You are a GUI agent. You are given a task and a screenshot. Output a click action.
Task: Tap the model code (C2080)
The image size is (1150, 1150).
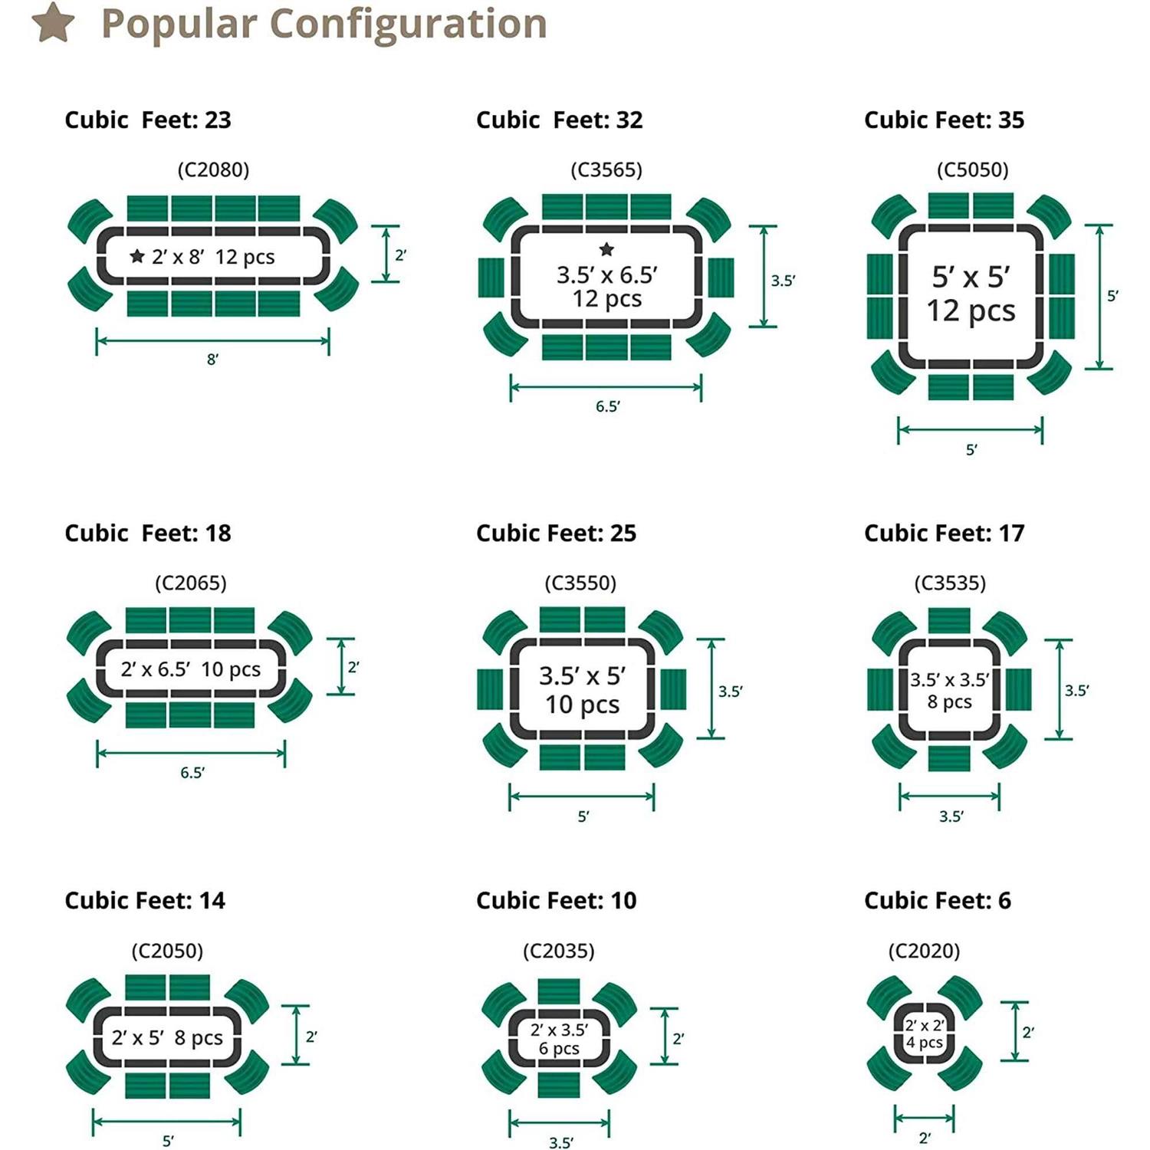click(213, 169)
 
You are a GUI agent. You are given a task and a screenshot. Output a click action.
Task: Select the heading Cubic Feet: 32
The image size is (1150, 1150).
click(559, 120)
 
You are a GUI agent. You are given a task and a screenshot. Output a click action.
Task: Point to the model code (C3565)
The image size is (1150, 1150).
click(606, 169)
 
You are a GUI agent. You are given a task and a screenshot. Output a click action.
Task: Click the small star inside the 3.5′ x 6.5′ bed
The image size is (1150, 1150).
click(606, 249)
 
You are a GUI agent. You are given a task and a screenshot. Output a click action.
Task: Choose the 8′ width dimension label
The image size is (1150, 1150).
click(212, 359)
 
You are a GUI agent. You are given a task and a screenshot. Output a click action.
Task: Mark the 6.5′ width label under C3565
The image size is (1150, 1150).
click(607, 406)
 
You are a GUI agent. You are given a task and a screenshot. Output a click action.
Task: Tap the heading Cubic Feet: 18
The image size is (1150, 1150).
click(147, 533)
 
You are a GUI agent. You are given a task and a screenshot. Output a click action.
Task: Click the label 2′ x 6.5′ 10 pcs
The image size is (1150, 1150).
click(190, 669)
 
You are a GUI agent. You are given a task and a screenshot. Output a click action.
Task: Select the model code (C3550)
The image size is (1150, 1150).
click(580, 583)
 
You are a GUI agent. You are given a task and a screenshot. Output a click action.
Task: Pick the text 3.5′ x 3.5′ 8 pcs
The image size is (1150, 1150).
click(949, 690)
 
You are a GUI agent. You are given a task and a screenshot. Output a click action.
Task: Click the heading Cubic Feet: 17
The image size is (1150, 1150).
click(944, 533)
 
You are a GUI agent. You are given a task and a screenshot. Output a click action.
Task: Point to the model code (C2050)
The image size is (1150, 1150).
click(167, 951)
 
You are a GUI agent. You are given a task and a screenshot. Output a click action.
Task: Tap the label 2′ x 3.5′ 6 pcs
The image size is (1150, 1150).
click(559, 1039)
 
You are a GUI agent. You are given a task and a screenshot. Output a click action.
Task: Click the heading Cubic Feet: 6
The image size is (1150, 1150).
click(937, 900)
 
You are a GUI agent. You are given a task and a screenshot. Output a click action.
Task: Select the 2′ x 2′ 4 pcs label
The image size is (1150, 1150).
click(924, 1033)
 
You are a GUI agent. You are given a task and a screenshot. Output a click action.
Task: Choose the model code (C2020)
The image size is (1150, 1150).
click(924, 951)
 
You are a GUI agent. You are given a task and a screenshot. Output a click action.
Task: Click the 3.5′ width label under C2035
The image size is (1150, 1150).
click(560, 1142)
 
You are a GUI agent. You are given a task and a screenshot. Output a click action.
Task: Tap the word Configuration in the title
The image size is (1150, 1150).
click(409, 24)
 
